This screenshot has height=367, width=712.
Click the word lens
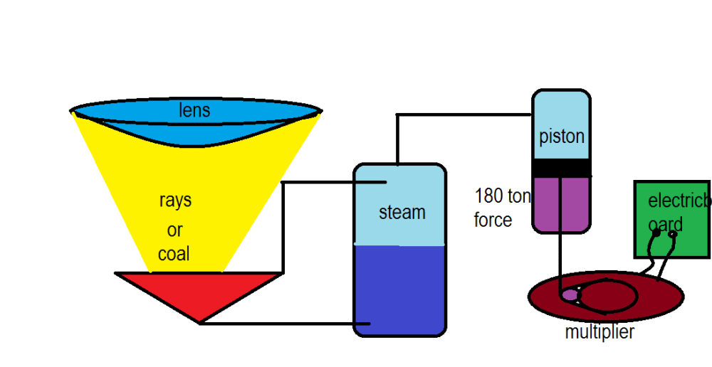tap(194, 110)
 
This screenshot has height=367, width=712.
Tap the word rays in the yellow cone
tap(175, 201)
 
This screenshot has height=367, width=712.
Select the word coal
tap(174, 254)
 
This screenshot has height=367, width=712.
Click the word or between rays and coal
tap(174, 230)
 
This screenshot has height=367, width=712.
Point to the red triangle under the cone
tap(199, 292)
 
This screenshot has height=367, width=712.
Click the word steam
tap(402, 212)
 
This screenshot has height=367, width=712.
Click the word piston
tap(562, 136)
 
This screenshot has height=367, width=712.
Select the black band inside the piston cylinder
tap(562, 168)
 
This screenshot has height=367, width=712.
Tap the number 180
tap(488, 196)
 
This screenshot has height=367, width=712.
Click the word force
tap(493, 220)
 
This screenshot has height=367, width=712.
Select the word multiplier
tap(600, 332)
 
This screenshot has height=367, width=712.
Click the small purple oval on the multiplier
tap(570, 294)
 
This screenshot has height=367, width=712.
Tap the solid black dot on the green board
tap(656, 232)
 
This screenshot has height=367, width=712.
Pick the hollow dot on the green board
tap(672, 233)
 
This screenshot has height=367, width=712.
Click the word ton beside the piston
tap(519, 196)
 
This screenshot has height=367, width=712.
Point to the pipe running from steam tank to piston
tap(463, 115)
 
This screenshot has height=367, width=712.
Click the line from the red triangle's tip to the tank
tap(285, 324)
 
